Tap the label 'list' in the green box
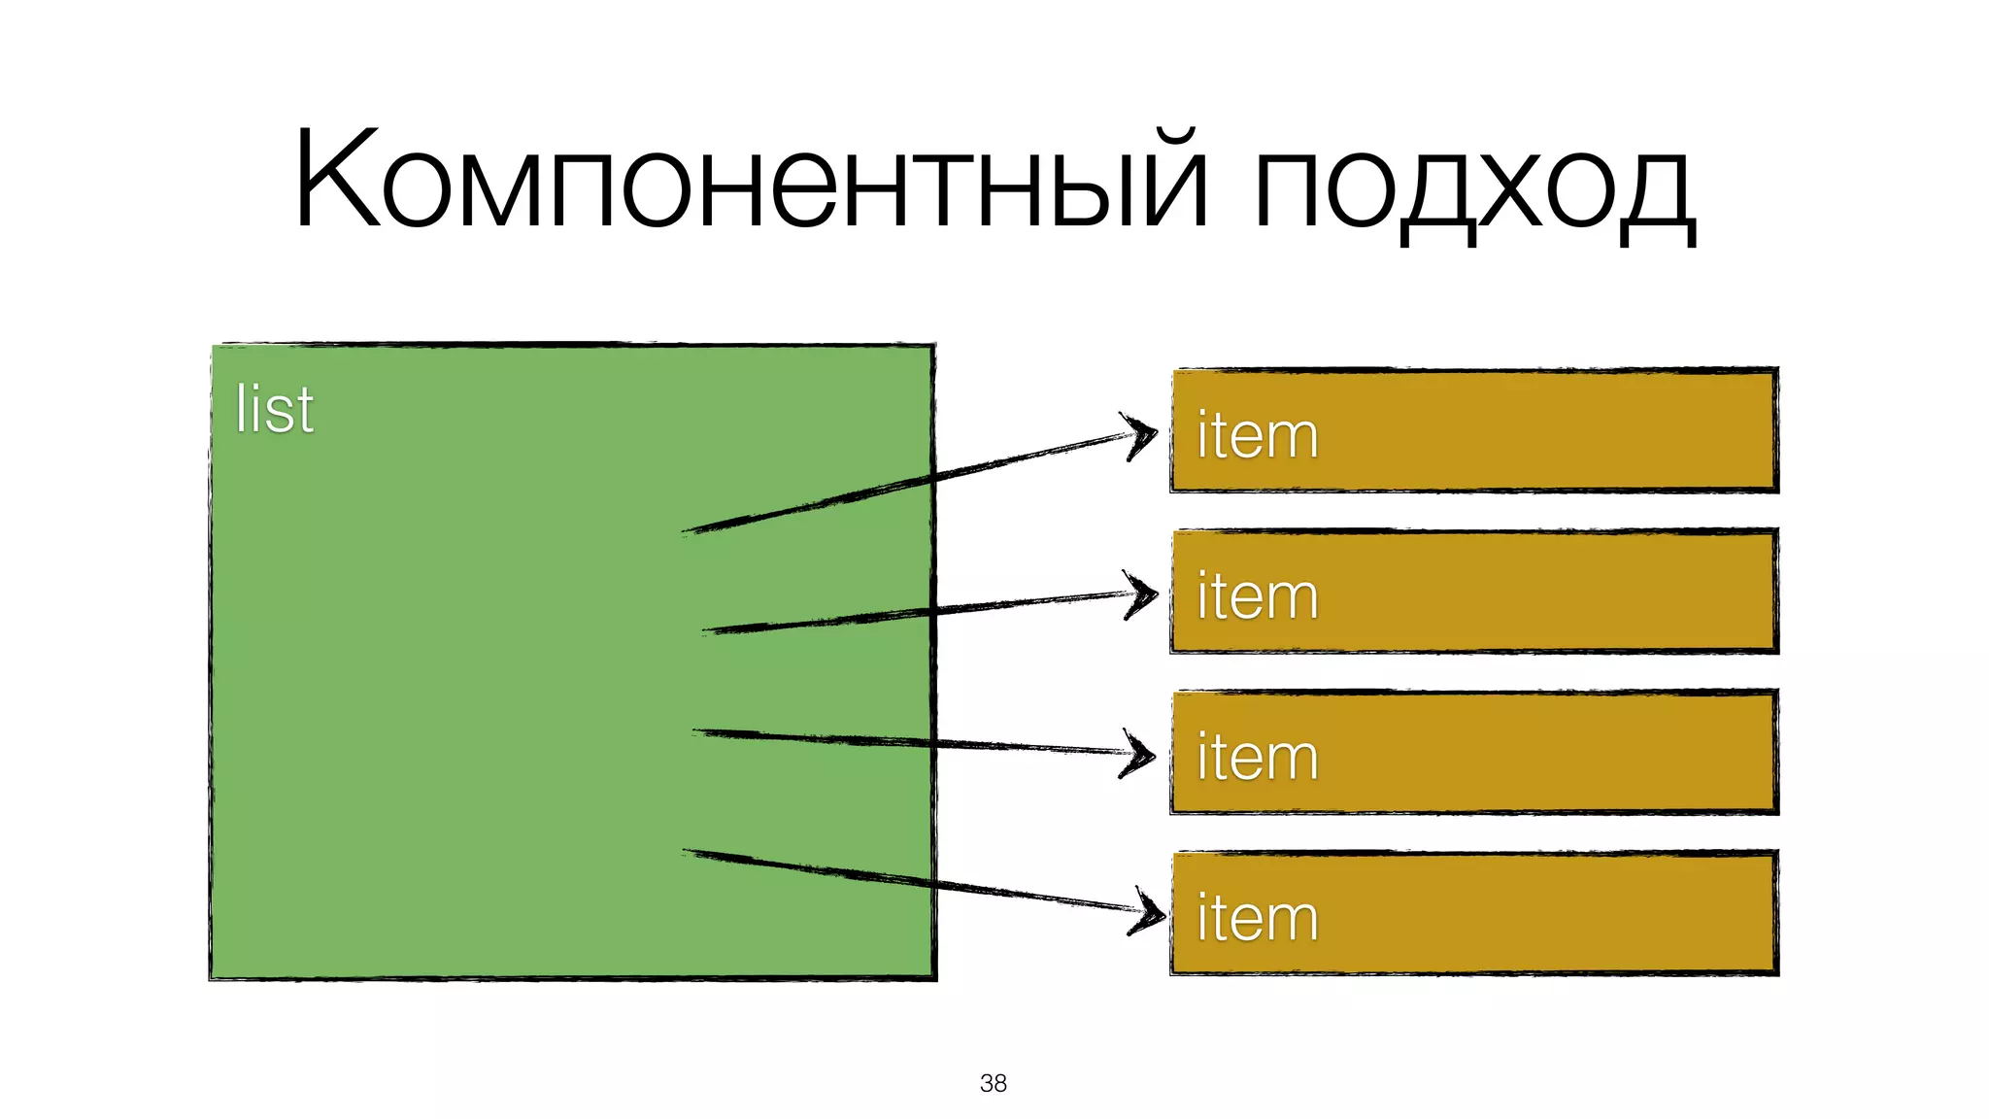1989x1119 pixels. pos(275,409)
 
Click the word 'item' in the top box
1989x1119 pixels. pos(1257,435)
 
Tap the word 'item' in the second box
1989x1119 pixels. pos(1257,596)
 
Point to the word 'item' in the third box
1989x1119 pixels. pos(1257,758)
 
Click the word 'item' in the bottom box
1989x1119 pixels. pos(1257,919)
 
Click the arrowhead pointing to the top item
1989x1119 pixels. pos(1144,436)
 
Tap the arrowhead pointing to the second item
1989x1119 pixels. pos(1144,593)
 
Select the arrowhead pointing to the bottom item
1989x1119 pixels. pos(1150,911)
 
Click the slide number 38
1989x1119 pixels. pos(994,1083)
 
